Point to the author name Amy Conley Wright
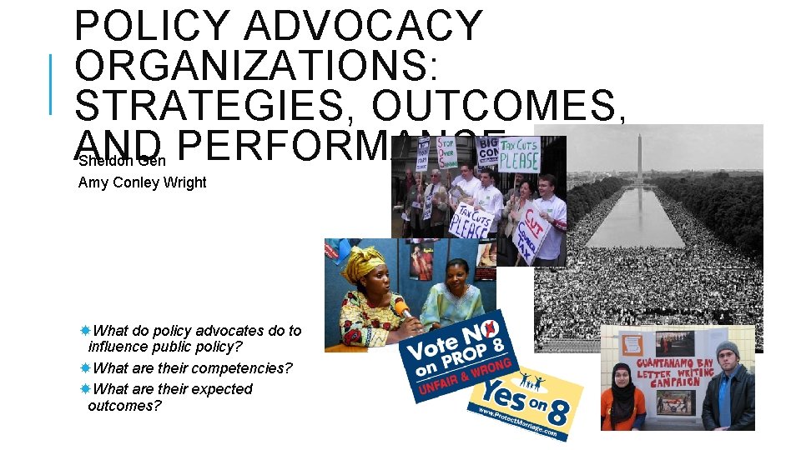click(x=142, y=182)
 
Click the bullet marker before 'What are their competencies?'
click(x=85, y=367)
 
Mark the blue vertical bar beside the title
click(x=52, y=83)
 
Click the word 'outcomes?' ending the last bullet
click(x=124, y=406)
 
